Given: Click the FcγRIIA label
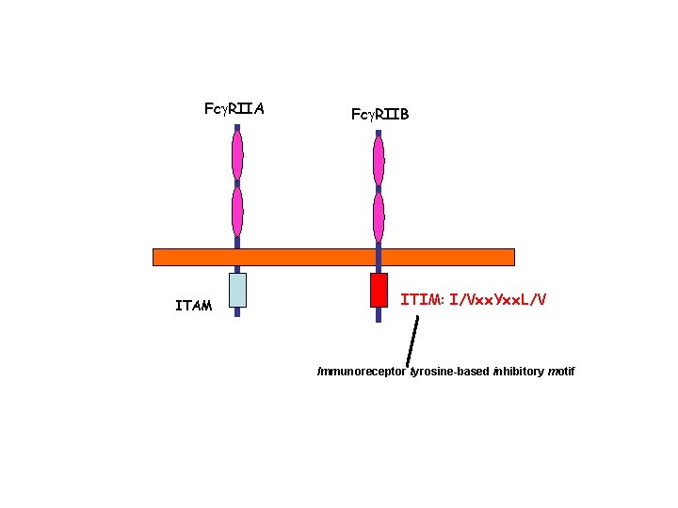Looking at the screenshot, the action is click(234, 109).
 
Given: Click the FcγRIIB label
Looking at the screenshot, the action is click(379, 114).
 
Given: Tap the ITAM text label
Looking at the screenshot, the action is click(194, 305).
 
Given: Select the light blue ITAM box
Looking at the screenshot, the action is click(237, 290).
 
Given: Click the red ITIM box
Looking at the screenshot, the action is click(379, 290).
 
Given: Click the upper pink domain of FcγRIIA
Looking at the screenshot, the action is click(237, 153).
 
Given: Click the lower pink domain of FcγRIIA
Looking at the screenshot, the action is click(237, 211).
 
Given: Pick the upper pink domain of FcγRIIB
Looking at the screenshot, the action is click(379, 160).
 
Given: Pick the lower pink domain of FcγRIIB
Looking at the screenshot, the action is click(379, 216).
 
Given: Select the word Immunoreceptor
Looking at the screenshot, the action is click(363, 372).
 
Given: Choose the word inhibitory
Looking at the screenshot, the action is click(519, 372).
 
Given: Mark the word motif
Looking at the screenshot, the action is click(561, 372).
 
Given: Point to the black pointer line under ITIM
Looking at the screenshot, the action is click(412, 341).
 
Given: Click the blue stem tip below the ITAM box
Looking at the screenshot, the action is click(237, 312).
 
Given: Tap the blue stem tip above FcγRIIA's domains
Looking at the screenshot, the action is click(237, 127).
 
